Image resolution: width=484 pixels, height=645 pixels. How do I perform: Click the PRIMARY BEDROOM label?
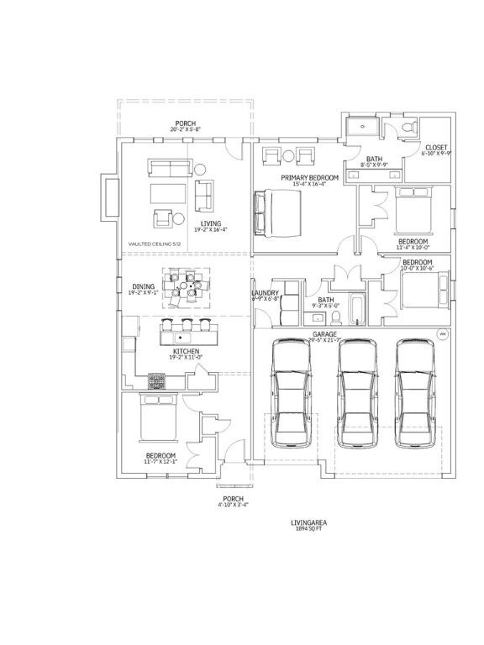point(310,177)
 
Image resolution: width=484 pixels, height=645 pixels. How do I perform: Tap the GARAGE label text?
point(324,334)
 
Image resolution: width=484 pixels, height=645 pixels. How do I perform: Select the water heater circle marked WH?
point(442,334)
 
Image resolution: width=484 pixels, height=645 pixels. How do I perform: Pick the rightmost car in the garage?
point(417,391)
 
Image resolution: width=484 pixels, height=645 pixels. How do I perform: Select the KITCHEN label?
point(186,351)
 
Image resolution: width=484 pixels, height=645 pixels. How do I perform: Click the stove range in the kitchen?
point(158,381)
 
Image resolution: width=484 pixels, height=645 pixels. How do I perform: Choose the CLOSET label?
point(435,148)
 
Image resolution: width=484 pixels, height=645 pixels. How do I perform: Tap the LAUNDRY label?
point(266,293)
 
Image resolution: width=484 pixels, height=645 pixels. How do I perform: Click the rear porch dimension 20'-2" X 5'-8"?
point(186,129)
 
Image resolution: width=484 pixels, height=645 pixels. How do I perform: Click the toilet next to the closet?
point(408,127)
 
